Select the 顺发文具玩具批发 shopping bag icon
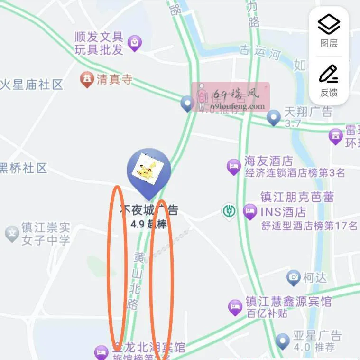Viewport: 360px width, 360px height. pos(135,43)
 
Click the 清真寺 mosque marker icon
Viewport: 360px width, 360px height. pos(87,79)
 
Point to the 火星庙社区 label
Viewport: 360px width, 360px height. pos(31,85)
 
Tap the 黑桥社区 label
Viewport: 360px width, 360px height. pos(23,168)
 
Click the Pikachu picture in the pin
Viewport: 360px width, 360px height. pos(148,170)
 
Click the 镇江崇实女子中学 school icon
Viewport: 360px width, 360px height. pos(11,233)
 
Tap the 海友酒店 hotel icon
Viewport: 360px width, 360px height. pos(233,166)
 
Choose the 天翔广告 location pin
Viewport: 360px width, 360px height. pos(274,117)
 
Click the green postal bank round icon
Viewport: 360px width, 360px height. pos(229,211)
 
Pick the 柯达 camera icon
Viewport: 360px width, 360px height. pos(294,277)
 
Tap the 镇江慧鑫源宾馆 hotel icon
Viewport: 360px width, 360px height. pos(235,307)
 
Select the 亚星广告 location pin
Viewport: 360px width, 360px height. pos(283,340)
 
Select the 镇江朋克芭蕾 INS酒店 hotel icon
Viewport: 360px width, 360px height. pos(250,211)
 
